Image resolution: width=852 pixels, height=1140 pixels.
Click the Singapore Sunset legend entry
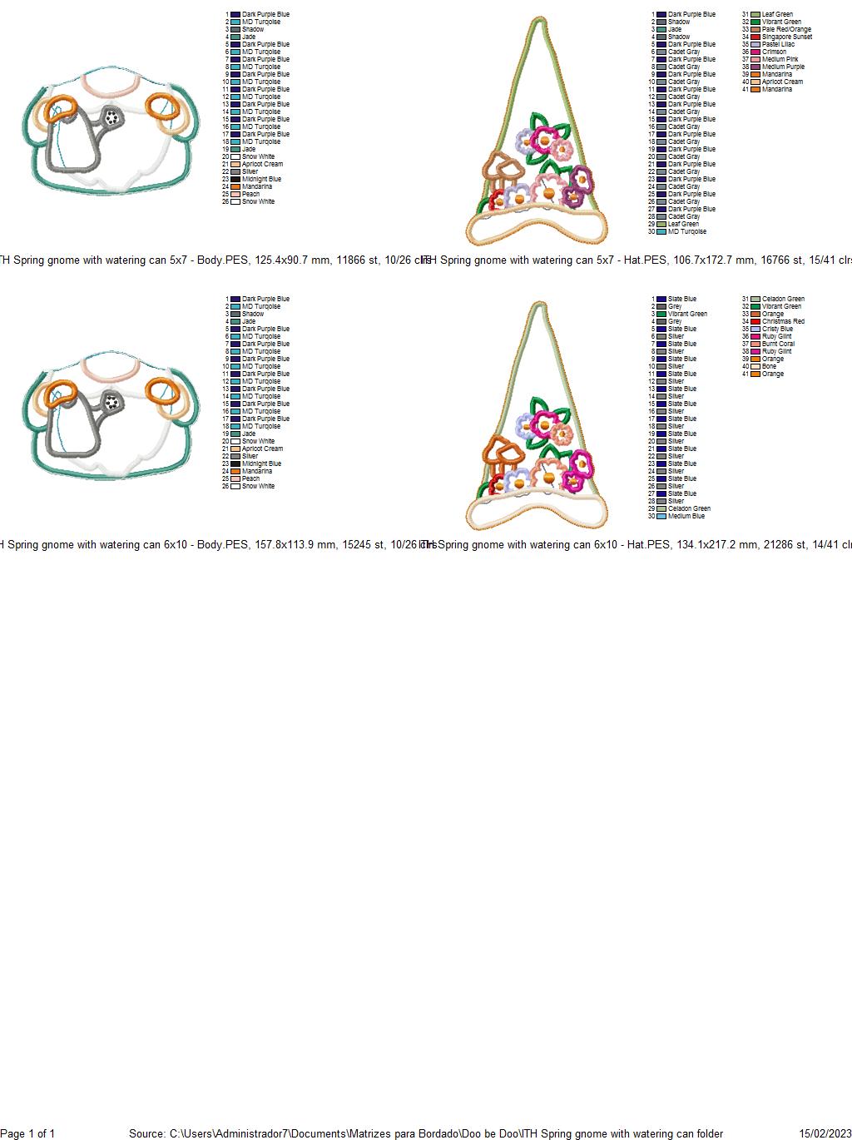[786, 37]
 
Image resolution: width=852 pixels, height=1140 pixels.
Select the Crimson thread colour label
[774, 52]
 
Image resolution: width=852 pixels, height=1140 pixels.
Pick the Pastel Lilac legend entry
[778, 44]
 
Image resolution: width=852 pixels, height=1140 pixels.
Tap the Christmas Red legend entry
[783, 321]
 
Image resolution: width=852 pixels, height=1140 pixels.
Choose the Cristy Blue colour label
[777, 329]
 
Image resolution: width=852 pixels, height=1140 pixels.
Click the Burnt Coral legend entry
[778, 344]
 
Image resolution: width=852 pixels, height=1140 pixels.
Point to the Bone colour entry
[769, 366]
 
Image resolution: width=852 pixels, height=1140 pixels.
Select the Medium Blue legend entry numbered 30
[686, 516]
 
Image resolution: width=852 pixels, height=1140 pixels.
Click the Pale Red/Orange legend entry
[786, 29]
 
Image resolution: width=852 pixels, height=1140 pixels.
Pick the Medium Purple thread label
[783, 67]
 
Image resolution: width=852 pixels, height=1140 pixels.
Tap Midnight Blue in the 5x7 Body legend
[261, 179]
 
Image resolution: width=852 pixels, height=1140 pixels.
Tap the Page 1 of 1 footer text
[27, 1133]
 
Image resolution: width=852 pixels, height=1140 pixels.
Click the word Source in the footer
[146, 1133]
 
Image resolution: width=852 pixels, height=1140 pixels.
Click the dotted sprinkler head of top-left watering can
[112, 118]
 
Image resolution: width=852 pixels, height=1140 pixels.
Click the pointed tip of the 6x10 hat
[539, 305]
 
